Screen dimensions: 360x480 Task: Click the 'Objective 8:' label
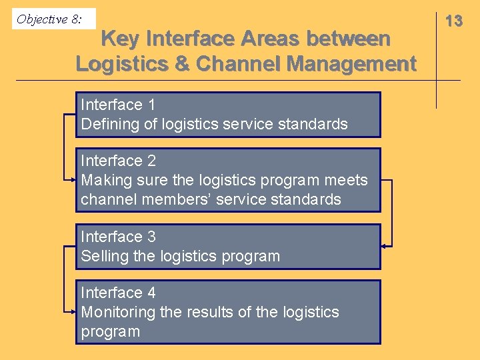click(x=49, y=19)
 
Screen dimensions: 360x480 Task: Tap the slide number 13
click(x=454, y=21)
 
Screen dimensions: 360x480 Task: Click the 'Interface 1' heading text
click(x=118, y=105)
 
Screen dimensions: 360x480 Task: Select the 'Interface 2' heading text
click(x=118, y=161)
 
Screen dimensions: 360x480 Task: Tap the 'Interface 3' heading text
click(x=118, y=237)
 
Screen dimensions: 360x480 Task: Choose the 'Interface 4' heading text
click(x=118, y=293)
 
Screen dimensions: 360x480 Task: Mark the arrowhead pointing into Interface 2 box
click(x=73, y=179)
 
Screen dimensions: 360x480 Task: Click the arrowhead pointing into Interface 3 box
click(x=383, y=246)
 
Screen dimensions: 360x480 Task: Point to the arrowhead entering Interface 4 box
click(x=73, y=311)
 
